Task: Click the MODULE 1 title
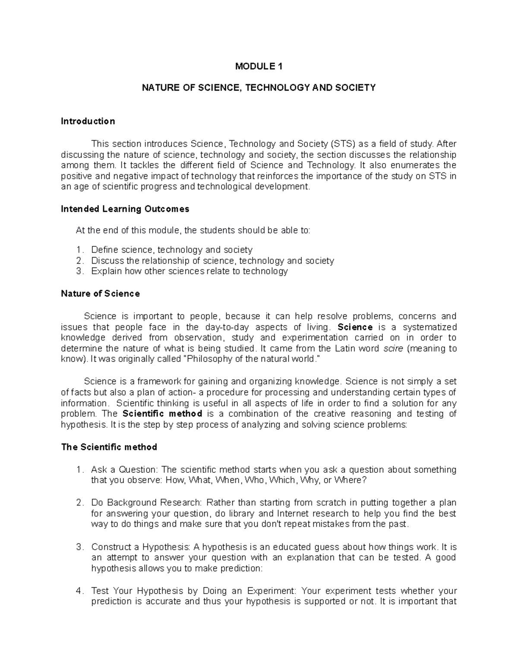pos(259,66)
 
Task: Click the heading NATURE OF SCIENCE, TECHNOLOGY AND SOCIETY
pos(259,88)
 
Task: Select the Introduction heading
pos(88,121)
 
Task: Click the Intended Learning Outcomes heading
pos(125,209)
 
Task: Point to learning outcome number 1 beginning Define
pos(171,250)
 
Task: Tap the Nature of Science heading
pos(100,294)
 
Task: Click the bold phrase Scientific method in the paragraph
pos(163,414)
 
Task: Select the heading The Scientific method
pos(109,447)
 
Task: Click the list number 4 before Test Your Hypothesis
pos(79,591)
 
